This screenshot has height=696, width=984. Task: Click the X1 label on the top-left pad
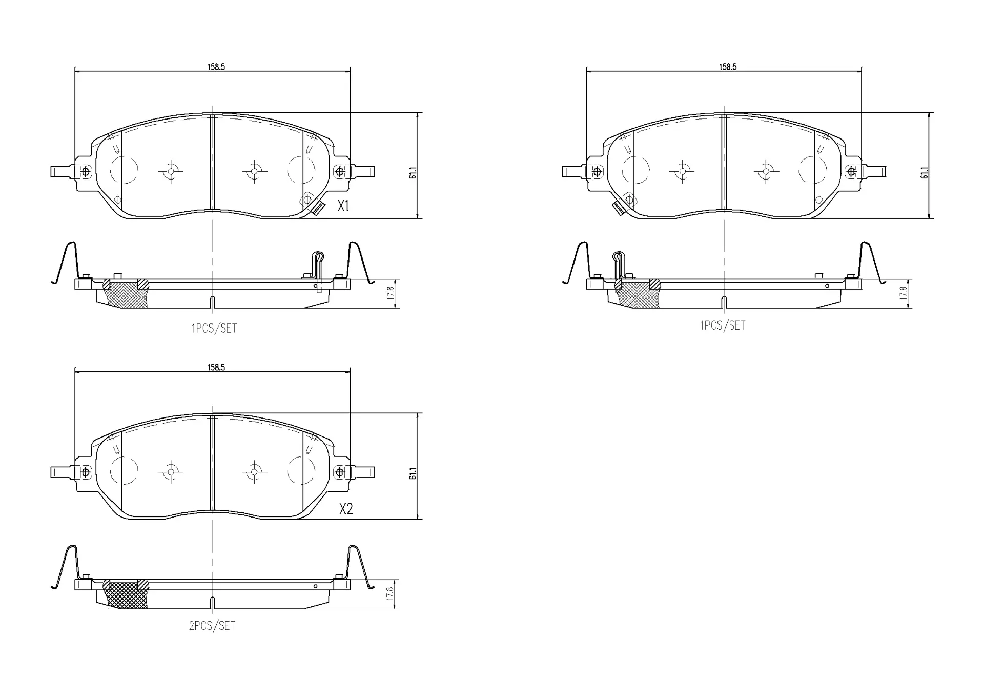tap(343, 206)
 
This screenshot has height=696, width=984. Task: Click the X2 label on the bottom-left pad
tap(346, 509)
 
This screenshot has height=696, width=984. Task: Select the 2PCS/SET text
tap(212, 626)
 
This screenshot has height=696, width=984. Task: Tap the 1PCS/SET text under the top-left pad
tap(214, 328)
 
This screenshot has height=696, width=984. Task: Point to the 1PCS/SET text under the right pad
tap(723, 325)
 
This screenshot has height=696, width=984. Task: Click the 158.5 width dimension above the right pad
tap(728, 67)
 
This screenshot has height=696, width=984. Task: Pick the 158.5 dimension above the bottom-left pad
tap(216, 367)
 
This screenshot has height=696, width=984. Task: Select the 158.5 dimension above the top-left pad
tap(216, 67)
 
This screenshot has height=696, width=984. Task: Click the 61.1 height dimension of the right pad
tap(925, 173)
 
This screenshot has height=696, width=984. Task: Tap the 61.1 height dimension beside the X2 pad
tap(413, 473)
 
